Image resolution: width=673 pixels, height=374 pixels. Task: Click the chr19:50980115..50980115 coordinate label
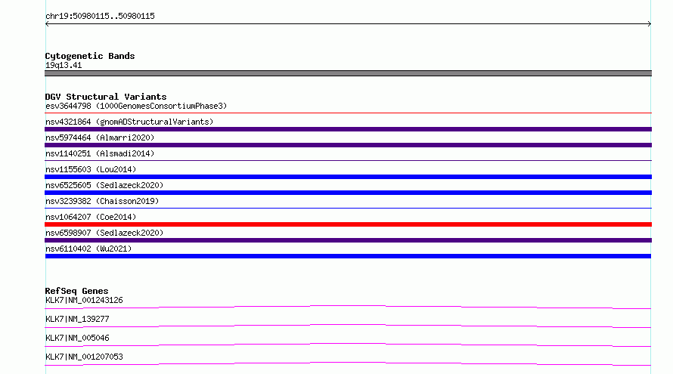pyautogui.click(x=100, y=17)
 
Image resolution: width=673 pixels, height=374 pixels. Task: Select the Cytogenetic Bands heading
pyautogui.click(x=90, y=56)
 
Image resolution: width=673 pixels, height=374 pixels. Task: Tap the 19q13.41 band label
pyautogui.click(x=64, y=65)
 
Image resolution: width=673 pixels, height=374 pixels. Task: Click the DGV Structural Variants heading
pyautogui.click(x=106, y=97)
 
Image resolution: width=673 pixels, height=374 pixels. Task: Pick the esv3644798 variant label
pyautogui.click(x=136, y=106)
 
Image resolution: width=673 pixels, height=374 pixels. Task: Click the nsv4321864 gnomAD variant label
pyautogui.click(x=129, y=122)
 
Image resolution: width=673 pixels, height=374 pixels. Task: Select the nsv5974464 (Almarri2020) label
pyautogui.click(x=100, y=138)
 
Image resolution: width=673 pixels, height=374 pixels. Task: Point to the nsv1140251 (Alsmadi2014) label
pyautogui.click(x=100, y=153)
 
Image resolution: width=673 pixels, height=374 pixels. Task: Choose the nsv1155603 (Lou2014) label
pyautogui.click(x=91, y=169)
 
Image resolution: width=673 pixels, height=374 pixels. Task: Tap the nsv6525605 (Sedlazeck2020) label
pyautogui.click(x=104, y=185)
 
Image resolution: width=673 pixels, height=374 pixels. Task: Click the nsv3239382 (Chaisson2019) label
pyautogui.click(x=102, y=201)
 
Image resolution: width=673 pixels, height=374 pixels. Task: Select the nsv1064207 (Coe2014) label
pyautogui.click(x=91, y=217)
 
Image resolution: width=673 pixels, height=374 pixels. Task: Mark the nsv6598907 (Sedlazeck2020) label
pyautogui.click(x=104, y=233)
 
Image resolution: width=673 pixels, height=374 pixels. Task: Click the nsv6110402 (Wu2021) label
pyautogui.click(x=88, y=249)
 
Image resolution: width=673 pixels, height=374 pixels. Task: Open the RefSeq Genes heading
pyautogui.click(x=76, y=291)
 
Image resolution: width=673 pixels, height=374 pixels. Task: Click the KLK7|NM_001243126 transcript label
pyautogui.click(x=84, y=300)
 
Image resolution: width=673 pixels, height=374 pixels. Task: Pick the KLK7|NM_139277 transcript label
pyautogui.click(x=77, y=319)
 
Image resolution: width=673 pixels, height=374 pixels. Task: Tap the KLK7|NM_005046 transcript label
pyautogui.click(x=77, y=338)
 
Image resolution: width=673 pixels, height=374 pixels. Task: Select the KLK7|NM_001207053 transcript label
pyautogui.click(x=84, y=357)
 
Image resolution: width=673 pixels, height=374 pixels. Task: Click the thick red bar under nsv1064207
pyautogui.click(x=348, y=224)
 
